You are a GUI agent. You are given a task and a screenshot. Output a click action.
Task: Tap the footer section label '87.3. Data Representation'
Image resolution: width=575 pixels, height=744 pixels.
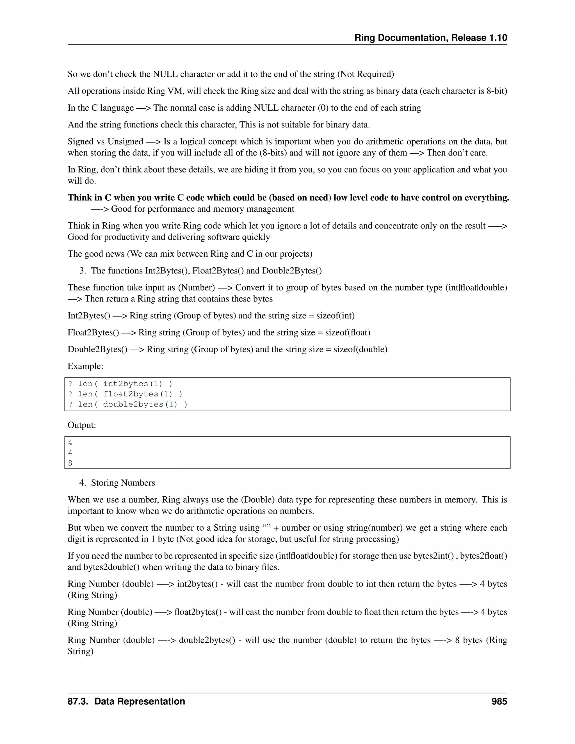[x=126, y=701]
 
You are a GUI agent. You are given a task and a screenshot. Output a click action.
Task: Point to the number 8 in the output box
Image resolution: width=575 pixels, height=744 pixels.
[x=70, y=463]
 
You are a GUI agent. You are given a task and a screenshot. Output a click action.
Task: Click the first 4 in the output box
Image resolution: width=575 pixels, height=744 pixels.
[x=70, y=442]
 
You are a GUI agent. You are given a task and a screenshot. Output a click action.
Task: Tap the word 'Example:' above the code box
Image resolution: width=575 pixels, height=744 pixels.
[x=85, y=366]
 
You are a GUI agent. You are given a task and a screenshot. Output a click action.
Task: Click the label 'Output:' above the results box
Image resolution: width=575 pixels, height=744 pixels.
[x=82, y=425]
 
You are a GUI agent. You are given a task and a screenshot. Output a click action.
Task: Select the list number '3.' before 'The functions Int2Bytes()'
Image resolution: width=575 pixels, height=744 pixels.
[x=83, y=271]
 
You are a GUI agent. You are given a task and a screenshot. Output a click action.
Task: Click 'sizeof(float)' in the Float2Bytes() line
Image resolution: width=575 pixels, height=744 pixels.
[x=348, y=332]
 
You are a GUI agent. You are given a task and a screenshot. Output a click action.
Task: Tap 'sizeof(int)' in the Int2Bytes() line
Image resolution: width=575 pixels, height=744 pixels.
[x=336, y=316]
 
